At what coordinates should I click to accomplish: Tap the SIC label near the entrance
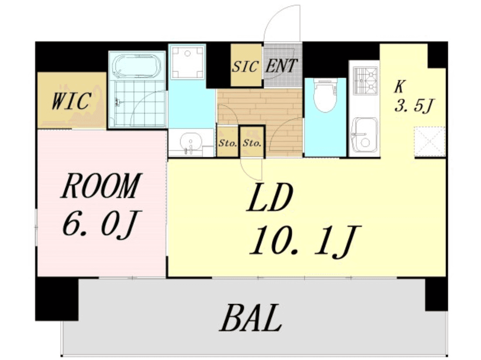tap(245, 66)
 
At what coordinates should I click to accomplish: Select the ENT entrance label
tap(281, 66)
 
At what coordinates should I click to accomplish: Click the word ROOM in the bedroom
tap(101, 186)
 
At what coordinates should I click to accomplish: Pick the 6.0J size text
tap(101, 223)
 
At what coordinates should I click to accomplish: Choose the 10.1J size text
tap(305, 241)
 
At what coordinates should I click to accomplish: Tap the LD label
tap(270, 197)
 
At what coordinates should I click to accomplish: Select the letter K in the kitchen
tap(399, 87)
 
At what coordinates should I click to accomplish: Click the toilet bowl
tap(325, 95)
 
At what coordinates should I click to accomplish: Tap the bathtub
tap(136, 66)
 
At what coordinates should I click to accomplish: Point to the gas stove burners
tap(365, 80)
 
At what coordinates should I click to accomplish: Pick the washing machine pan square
tap(187, 62)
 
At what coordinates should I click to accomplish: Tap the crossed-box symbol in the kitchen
tap(429, 142)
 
